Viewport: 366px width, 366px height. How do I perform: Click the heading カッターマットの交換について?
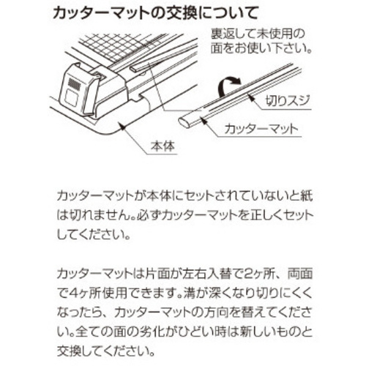tap(155, 13)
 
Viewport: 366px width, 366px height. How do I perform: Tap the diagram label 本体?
tap(163, 146)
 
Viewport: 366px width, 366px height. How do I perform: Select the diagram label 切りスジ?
tap(288, 101)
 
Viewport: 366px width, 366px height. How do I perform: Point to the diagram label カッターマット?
tap(261, 129)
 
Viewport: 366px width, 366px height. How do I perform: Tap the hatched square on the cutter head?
tap(74, 83)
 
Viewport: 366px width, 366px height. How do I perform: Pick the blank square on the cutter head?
tap(71, 97)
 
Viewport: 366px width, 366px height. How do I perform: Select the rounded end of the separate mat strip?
tap(184, 122)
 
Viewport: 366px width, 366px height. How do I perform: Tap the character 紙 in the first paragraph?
tap(307, 195)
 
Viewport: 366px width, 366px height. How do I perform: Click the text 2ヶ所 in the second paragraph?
tap(261, 273)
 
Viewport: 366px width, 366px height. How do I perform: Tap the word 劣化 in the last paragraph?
tap(151, 332)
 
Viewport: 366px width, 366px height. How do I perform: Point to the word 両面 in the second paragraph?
tap(300, 273)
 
